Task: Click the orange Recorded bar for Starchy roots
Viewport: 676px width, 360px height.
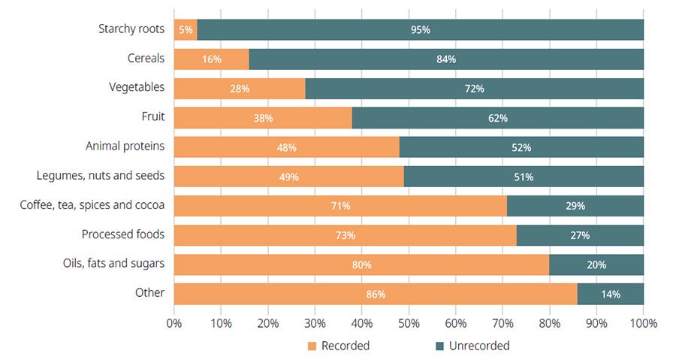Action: point(186,30)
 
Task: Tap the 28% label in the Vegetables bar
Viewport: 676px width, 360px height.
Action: point(239,89)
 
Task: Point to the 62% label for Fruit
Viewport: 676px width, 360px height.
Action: point(497,118)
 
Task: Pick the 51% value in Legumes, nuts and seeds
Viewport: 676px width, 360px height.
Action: point(524,177)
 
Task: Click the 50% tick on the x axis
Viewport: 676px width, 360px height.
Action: point(409,323)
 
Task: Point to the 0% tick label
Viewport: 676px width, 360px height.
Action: point(174,323)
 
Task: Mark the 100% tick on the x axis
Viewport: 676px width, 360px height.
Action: point(644,323)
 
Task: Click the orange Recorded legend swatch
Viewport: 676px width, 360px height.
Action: point(312,346)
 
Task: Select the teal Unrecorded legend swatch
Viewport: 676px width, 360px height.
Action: point(440,346)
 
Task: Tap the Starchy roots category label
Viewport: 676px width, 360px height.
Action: point(131,29)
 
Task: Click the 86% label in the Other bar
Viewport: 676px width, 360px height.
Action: point(376,294)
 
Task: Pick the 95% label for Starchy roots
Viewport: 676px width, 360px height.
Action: point(421,30)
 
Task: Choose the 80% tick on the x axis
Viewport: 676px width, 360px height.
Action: point(550,323)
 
